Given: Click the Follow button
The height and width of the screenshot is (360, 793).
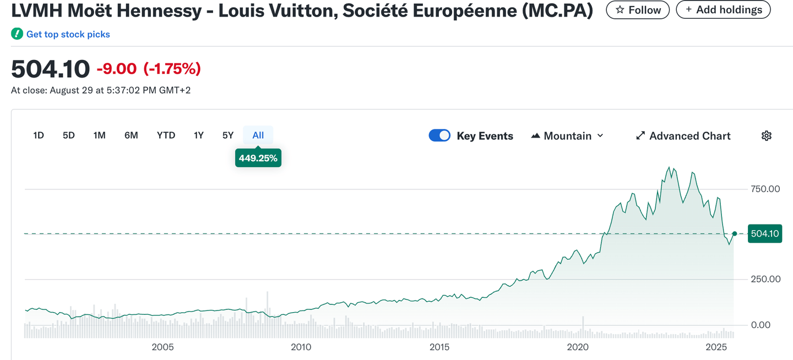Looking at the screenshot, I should (638, 10).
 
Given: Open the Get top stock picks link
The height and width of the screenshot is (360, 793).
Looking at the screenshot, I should (68, 34).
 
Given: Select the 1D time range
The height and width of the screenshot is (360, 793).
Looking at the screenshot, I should (39, 135).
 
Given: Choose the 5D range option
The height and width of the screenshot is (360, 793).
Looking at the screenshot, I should (68, 135).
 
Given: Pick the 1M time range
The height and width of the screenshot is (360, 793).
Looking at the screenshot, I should (99, 135).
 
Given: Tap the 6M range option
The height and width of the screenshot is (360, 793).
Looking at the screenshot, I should (131, 135).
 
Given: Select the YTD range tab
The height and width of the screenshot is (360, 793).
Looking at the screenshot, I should (166, 135).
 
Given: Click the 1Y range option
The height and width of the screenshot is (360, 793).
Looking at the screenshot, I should (198, 135).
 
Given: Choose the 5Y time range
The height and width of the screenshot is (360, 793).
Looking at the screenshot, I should (228, 135).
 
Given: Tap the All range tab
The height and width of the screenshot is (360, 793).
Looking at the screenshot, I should (258, 135).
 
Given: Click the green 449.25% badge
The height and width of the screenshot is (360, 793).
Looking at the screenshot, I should (258, 159).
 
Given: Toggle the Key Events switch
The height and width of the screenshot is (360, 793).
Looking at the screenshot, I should (439, 136).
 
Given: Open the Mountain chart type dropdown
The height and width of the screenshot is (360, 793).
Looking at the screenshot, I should (567, 136).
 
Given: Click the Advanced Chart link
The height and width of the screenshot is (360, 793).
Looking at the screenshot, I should (683, 136).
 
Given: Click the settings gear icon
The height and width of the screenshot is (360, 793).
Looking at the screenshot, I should (766, 136).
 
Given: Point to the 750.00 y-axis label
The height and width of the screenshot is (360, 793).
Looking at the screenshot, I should (765, 189).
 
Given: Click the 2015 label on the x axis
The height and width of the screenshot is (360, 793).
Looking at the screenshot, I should (439, 347).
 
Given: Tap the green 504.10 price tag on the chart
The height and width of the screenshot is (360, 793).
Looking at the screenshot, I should (765, 234).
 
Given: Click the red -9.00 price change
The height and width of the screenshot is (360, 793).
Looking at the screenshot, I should (117, 69).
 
